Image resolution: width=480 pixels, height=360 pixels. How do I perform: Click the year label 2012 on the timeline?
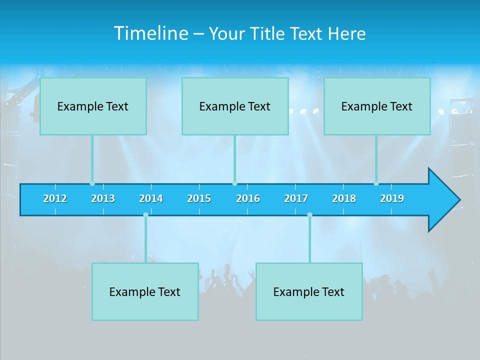[x=55, y=198]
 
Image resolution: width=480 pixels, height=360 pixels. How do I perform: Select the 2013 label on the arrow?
[x=103, y=198]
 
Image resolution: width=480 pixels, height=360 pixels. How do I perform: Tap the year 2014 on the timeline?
[x=151, y=198]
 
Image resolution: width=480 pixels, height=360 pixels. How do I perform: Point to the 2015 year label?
[x=199, y=198]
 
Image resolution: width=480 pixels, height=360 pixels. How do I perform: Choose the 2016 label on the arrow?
[x=248, y=198]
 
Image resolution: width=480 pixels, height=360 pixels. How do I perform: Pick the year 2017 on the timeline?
[x=296, y=198]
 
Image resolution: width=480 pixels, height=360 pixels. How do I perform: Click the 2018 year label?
[x=344, y=198]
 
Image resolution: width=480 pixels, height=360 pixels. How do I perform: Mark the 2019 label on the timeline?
[x=392, y=198]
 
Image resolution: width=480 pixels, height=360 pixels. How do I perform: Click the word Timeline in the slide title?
[x=151, y=33]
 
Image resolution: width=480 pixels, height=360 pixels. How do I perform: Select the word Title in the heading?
[x=268, y=33]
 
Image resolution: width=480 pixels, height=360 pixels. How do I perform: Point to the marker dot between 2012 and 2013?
[x=92, y=183]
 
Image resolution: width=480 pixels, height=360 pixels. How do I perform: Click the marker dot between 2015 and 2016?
[x=234, y=183]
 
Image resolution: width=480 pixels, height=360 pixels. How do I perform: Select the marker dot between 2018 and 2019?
[x=376, y=183]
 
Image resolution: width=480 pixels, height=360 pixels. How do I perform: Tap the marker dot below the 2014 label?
[x=145, y=214]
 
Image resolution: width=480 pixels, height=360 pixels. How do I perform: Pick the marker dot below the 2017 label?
[x=309, y=214]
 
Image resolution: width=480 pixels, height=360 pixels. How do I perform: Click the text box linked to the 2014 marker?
[x=145, y=291]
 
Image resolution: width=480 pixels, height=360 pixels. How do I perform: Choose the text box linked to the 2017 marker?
[x=309, y=291]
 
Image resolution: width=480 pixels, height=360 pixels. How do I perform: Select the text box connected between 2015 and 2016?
[x=235, y=106]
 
